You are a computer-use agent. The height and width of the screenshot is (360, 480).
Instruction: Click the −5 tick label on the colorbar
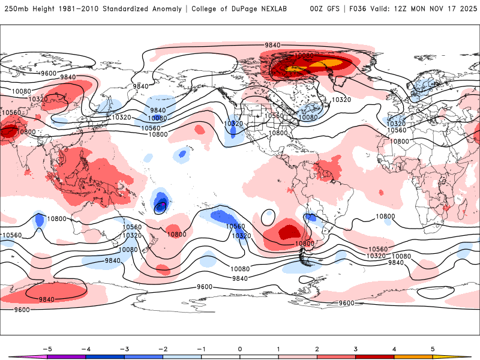(x=47, y=349)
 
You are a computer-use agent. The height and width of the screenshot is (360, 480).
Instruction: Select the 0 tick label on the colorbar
(x=240, y=349)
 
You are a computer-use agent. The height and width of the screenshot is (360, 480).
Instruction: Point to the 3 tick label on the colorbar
(x=355, y=349)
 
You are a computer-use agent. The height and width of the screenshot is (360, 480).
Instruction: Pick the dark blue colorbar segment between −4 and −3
(x=105, y=356)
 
